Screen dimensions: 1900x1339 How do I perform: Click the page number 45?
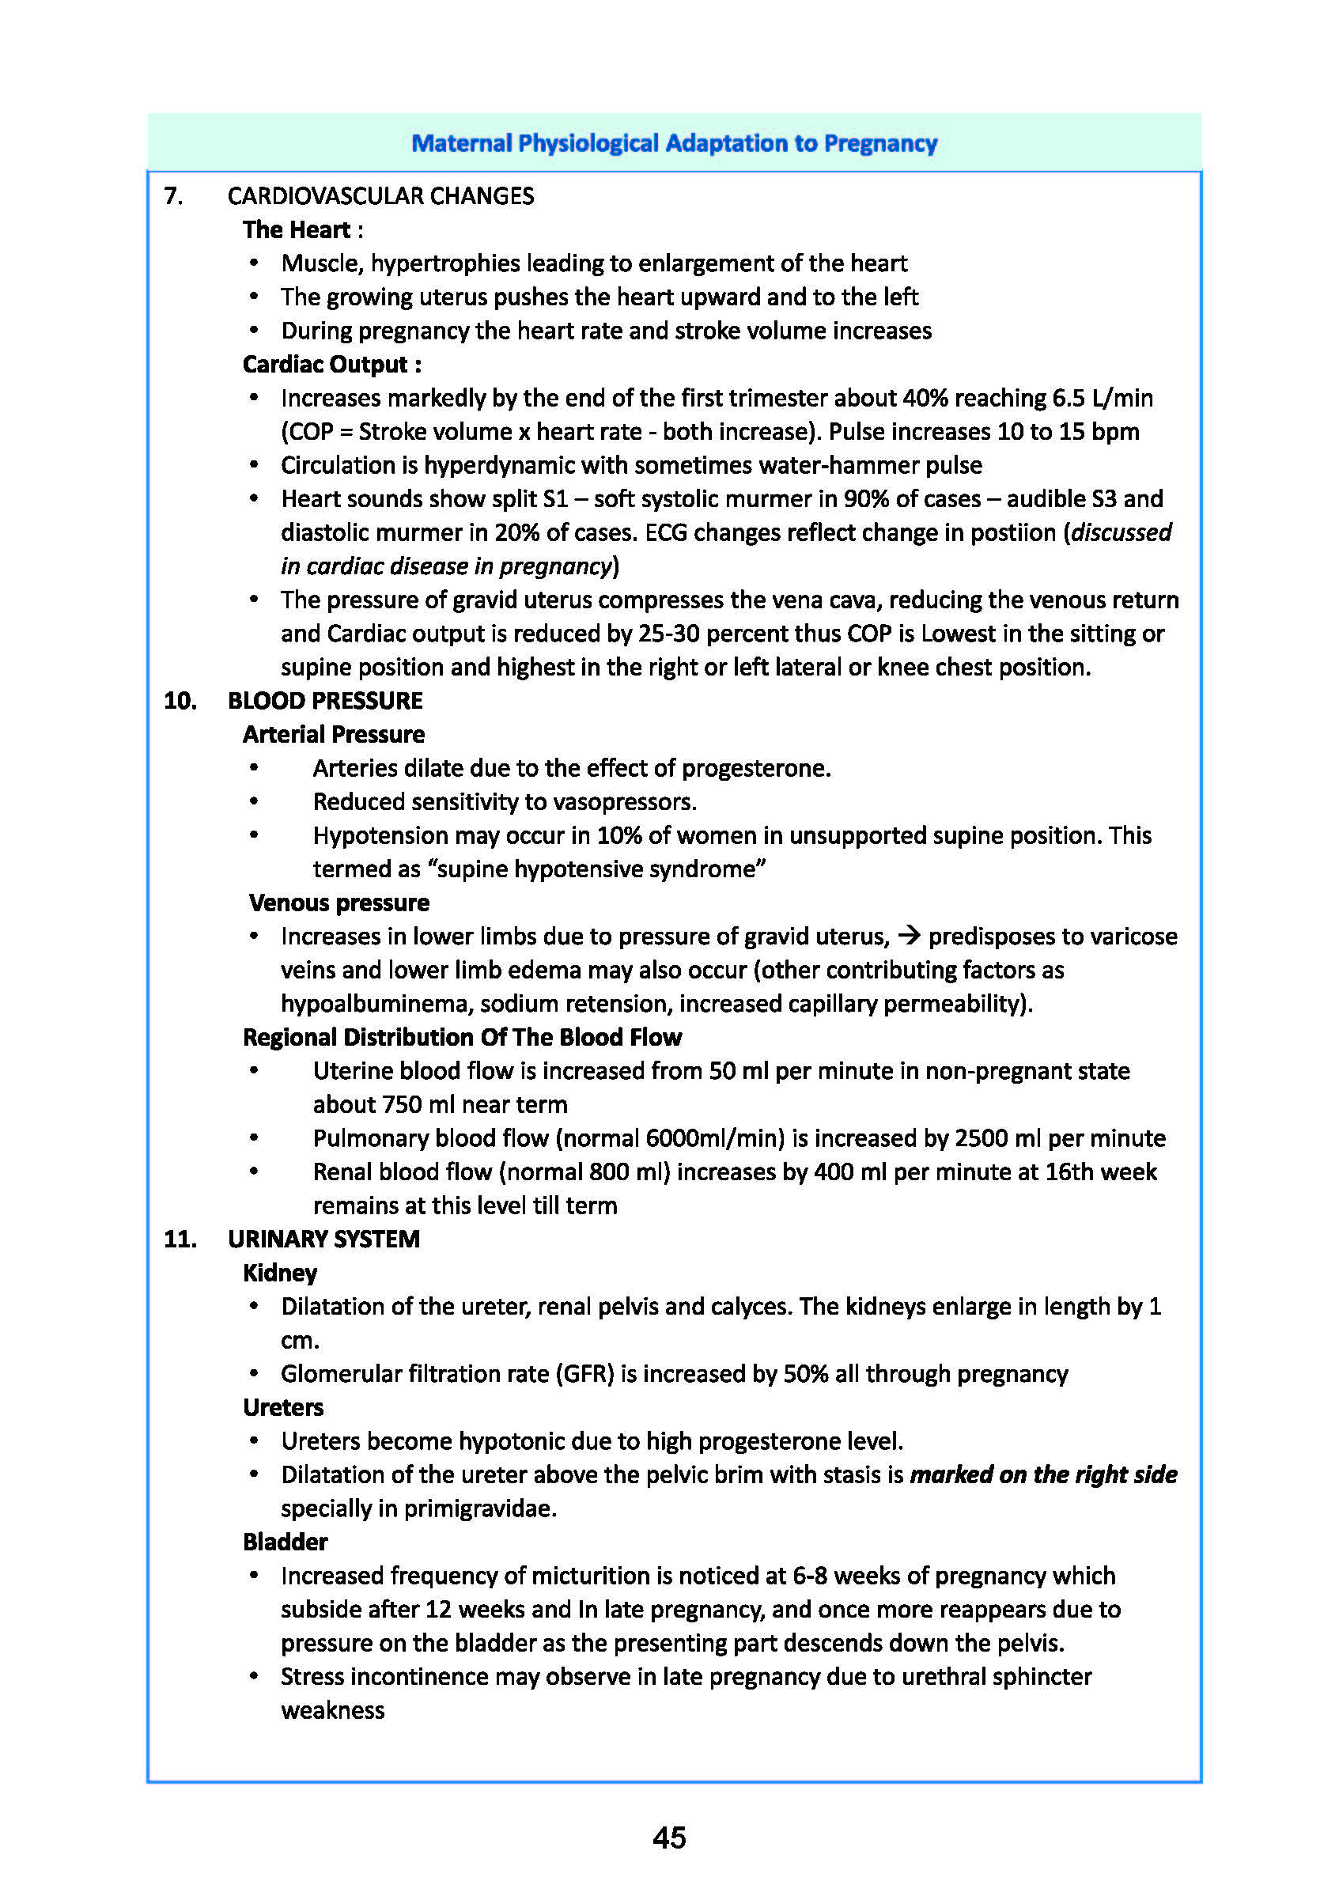(668, 1837)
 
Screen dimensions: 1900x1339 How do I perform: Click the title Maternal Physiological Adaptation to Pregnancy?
(674, 143)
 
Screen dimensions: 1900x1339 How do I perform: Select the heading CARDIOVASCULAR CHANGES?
(380, 196)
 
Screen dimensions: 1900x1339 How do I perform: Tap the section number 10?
(180, 701)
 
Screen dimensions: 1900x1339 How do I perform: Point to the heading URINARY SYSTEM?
(323, 1239)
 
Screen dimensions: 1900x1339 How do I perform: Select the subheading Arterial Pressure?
(334, 734)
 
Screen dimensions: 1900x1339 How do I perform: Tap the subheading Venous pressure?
(339, 902)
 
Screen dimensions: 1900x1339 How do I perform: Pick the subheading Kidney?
(280, 1273)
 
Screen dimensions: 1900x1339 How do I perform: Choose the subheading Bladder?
(285, 1542)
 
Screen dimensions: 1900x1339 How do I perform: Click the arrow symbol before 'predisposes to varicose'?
(909, 936)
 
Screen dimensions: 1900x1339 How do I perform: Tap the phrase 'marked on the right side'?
(1042, 1474)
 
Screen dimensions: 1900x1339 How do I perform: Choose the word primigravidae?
(480, 1508)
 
